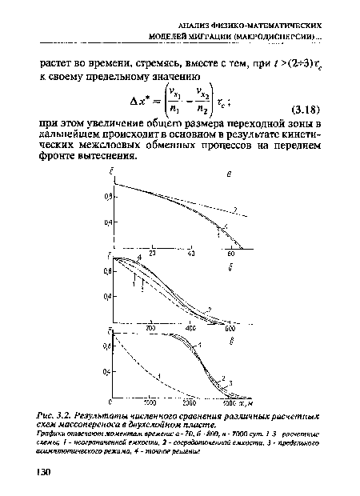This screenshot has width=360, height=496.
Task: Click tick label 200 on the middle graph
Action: point(151,328)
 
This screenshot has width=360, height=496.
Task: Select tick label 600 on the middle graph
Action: point(230,328)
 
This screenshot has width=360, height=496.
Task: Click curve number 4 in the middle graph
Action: point(139,257)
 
